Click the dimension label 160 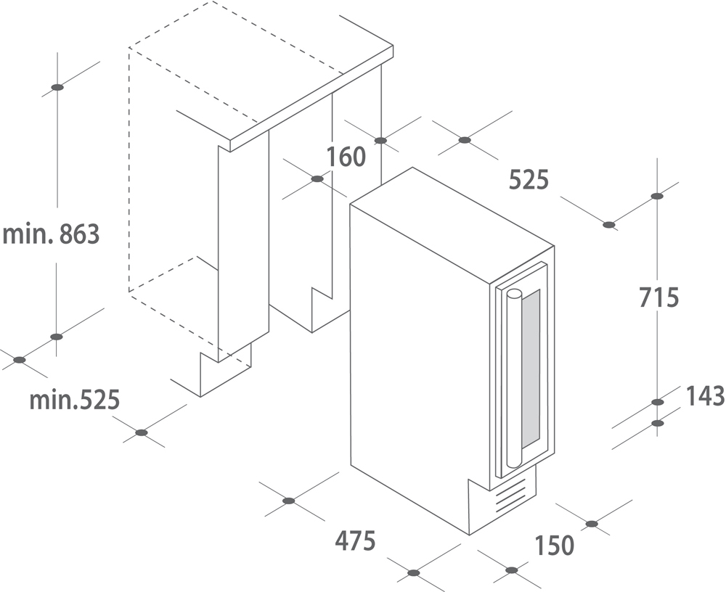click(x=346, y=157)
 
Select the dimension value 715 click(x=658, y=297)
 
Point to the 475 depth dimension click(x=355, y=540)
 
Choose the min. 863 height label click(x=51, y=234)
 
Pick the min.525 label click(x=75, y=400)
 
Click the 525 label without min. click(x=529, y=179)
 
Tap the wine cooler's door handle click(x=514, y=378)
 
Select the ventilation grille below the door click(x=512, y=496)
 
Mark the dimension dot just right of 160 click(x=380, y=140)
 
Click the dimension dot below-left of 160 click(x=317, y=178)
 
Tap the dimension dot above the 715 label click(x=656, y=196)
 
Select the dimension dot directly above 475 click(x=288, y=501)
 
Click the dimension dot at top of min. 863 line click(x=57, y=87)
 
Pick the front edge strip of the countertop click(x=311, y=99)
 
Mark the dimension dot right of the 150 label click(x=591, y=524)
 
